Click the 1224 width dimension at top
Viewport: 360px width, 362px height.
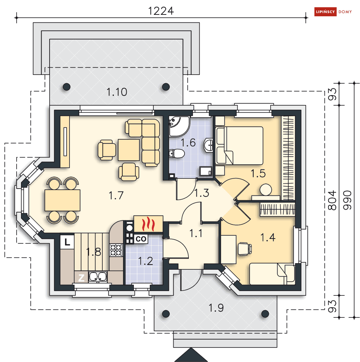(x=161, y=11)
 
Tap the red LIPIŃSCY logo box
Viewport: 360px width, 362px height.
(x=325, y=12)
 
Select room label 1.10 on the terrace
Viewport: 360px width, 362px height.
(x=117, y=92)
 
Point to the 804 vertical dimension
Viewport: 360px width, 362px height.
(x=332, y=200)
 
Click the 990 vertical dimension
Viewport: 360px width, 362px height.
(x=347, y=200)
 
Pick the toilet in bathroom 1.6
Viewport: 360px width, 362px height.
(x=177, y=153)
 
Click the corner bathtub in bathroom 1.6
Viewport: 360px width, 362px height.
(x=179, y=126)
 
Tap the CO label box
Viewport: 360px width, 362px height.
(x=141, y=239)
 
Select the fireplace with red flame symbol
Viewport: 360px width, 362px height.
(x=148, y=224)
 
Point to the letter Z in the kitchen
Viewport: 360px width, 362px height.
(x=81, y=278)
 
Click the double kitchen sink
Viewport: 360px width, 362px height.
(x=98, y=277)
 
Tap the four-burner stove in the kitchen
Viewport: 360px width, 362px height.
(x=116, y=250)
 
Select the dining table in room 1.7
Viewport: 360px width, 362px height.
(x=62, y=200)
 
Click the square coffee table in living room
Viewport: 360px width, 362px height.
(x=129, y=150)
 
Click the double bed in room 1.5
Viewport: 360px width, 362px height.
(x=240, y=146)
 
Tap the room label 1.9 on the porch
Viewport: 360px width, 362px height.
(x=216, y=308)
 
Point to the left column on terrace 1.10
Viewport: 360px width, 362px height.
(x=67, y=87)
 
